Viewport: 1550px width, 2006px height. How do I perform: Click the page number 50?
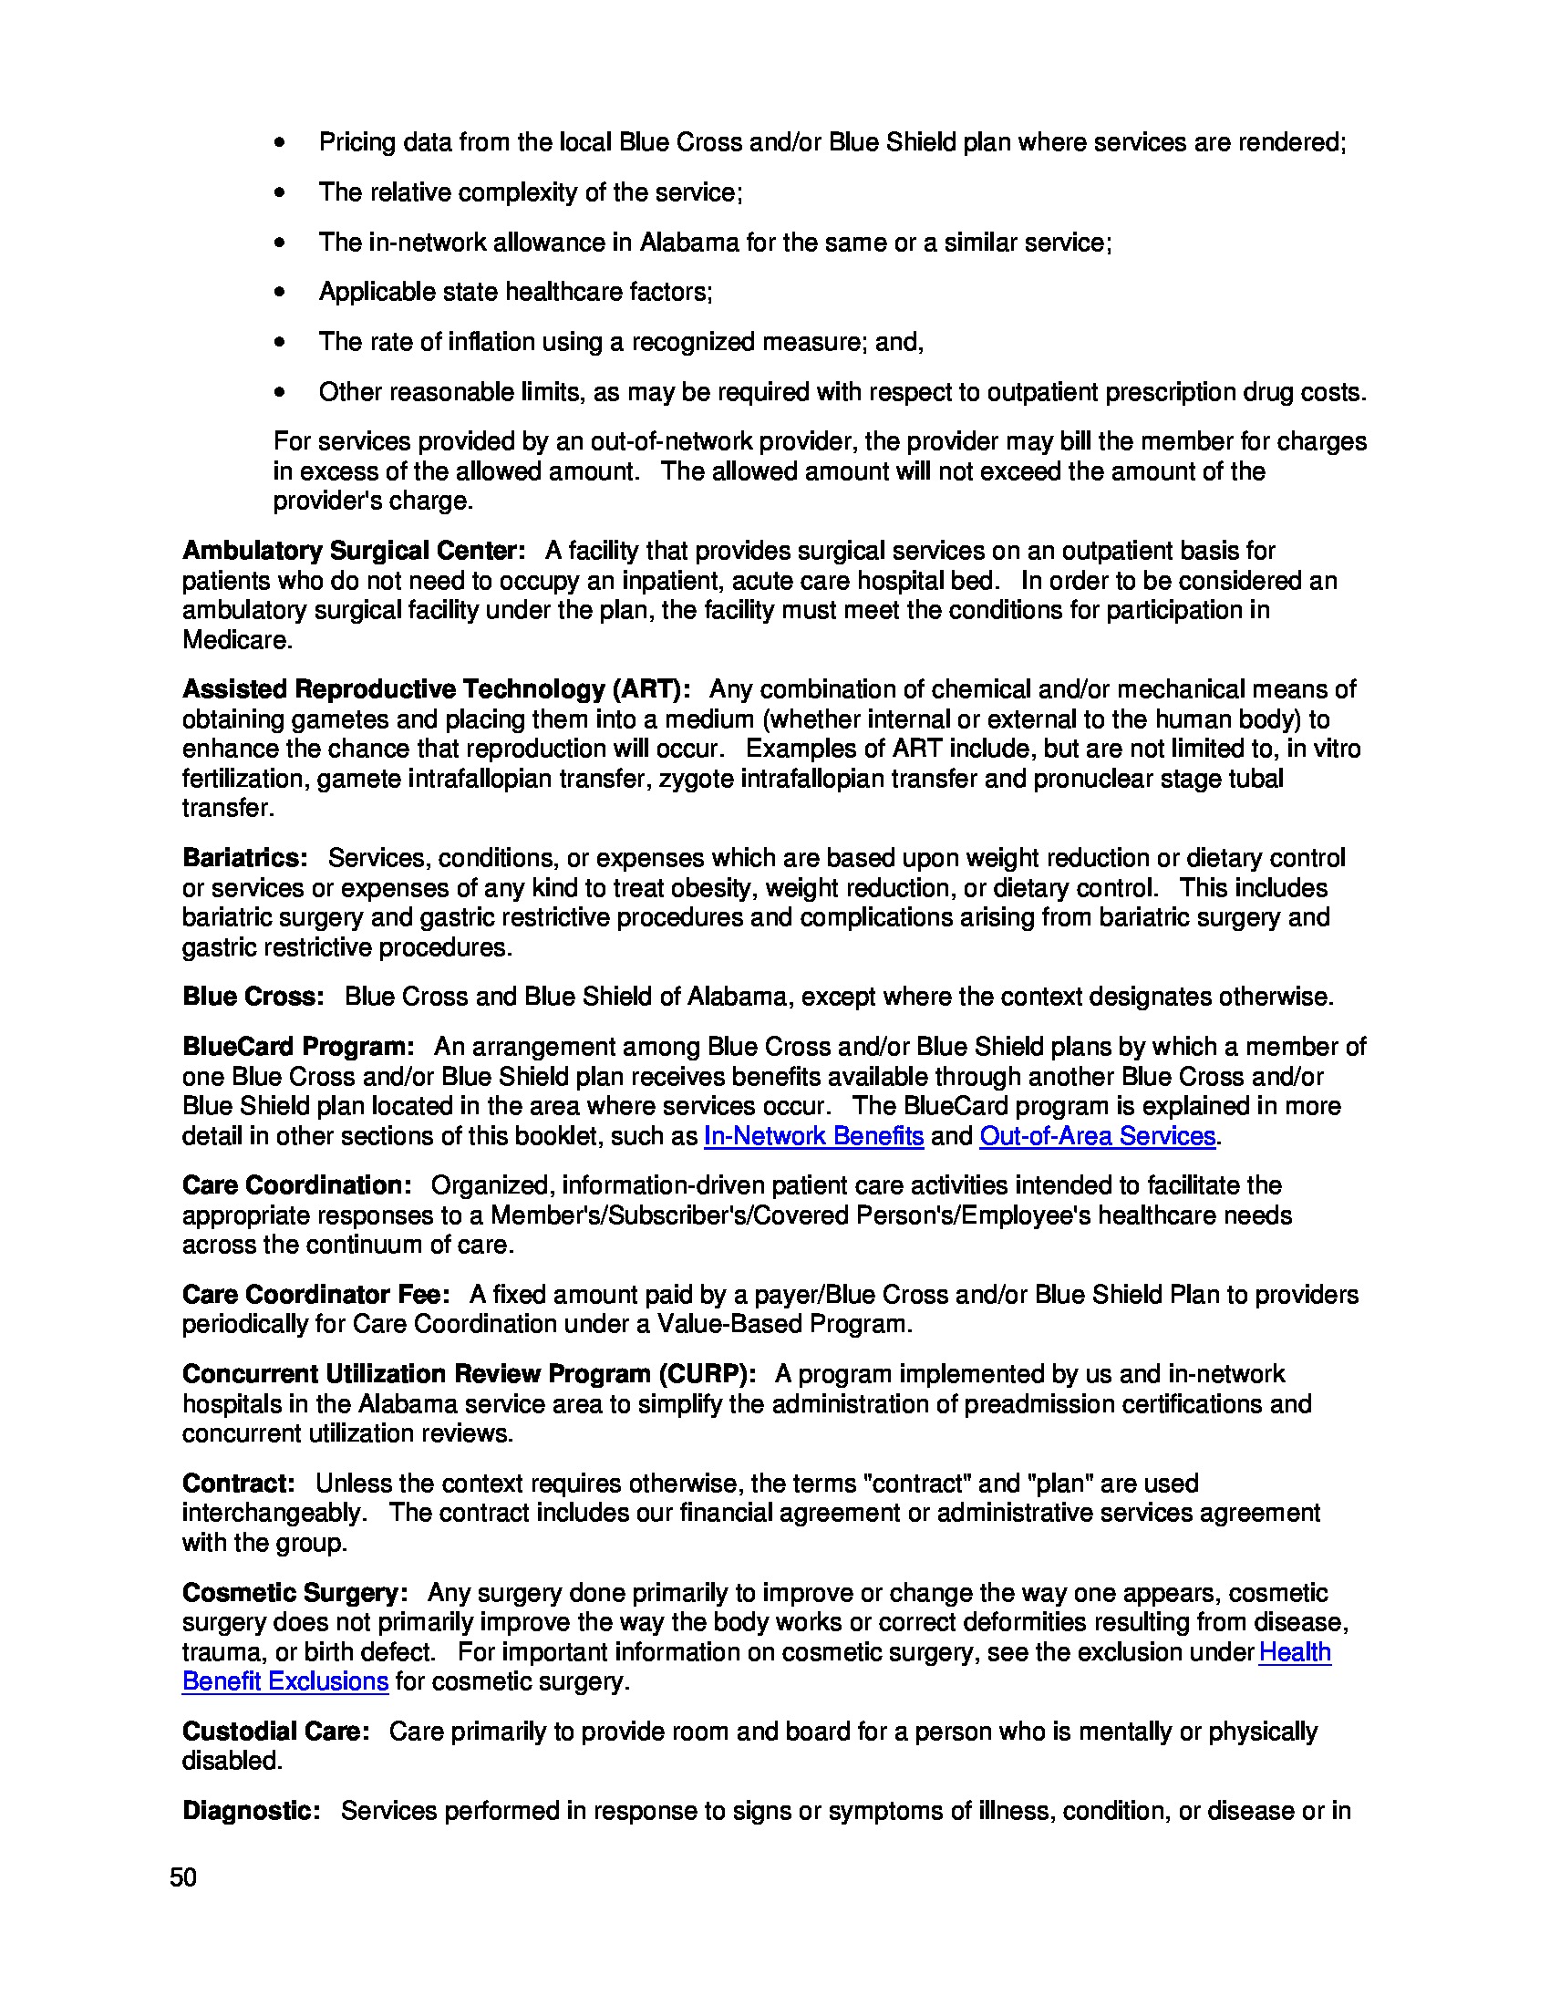click(182, 1877)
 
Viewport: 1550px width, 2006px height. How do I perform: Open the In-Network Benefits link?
click(812, 1136)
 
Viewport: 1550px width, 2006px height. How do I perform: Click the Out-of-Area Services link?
click(1097, 1136)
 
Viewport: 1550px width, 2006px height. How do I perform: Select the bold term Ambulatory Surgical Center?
click(354, 550)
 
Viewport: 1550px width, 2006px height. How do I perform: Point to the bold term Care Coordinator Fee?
click(315, 1294)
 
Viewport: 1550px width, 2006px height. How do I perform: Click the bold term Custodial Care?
click(275, 1732)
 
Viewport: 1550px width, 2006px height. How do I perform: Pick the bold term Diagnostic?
click(252, 1810)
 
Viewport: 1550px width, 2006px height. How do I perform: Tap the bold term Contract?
click(239, 1484)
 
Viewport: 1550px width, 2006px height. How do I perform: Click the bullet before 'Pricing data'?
click(280, 143)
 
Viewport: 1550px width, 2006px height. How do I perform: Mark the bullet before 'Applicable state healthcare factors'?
click(280, 292)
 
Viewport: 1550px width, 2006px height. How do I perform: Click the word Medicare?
click(237, 640)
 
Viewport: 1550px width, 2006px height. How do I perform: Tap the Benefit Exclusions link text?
click(284, 1681)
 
